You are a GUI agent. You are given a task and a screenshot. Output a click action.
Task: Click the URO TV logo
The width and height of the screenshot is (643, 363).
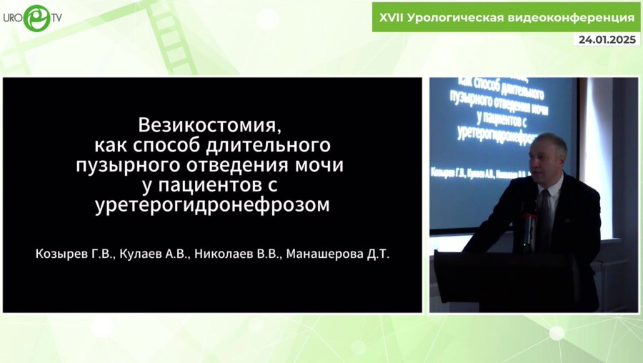32,17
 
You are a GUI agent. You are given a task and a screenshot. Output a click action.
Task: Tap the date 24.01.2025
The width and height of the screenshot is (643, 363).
607,40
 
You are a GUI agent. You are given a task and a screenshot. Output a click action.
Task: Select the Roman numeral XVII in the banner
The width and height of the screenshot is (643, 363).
391,16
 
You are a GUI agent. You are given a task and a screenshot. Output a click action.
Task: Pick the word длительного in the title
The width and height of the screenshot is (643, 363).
273,145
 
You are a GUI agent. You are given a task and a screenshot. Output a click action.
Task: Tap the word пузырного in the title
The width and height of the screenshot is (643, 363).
123,165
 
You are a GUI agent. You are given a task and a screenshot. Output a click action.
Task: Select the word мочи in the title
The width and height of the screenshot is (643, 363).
320,165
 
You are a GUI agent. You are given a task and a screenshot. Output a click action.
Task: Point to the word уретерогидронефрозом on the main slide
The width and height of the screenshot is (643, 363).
212,206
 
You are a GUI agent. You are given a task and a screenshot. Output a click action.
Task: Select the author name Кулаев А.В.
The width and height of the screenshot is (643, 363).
148,254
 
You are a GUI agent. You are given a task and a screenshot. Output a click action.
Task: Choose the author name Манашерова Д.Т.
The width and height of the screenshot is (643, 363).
337,254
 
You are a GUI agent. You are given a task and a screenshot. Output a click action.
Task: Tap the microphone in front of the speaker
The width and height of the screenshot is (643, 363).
528,218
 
